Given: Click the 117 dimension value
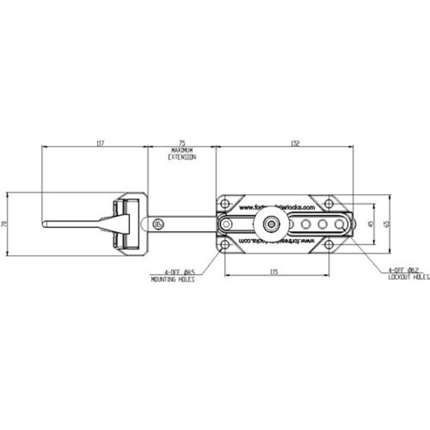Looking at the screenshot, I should click(100, 143).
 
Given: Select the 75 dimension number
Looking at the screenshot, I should click(182, 143).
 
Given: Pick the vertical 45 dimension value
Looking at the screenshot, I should click(370, 224).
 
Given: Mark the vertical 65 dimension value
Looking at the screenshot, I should click(386, 224).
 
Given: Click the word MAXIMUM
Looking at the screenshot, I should click(182, 150).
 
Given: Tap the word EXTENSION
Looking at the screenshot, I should click(182, 158).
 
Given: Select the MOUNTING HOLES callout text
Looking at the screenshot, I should click(173, 279).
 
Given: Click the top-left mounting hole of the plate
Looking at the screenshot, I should click(225, 203).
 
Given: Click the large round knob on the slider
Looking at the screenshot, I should click(270, 224).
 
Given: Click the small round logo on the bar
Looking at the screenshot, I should click(158, 224).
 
